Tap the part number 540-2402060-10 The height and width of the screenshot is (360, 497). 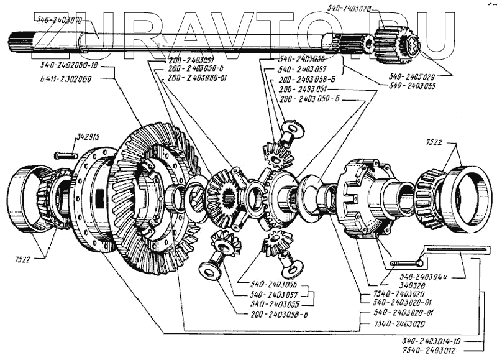tap(68, 66)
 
